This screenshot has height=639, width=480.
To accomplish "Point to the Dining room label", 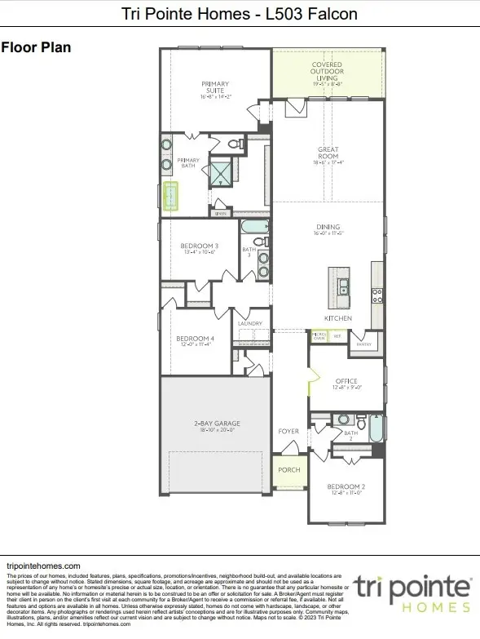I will (328, 228).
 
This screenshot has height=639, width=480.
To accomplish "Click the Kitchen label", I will (337, 317).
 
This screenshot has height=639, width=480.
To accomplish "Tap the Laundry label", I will (249, 324).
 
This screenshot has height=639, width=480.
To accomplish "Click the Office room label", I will (346, 380).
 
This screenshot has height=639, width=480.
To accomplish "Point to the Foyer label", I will (288, 432).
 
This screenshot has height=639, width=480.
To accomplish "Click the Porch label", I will (289, 471).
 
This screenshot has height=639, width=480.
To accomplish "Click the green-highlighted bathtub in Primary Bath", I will (172, 197).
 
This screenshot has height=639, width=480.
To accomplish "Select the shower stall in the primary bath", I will (221, 173).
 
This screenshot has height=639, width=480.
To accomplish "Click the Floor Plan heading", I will (36, 47).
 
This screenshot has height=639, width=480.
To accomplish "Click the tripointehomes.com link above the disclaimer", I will (42, 566).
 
